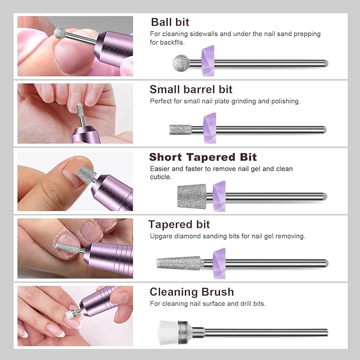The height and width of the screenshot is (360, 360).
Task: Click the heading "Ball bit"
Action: tap(170, 22)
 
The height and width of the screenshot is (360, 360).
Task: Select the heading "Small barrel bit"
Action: tap(191, 90)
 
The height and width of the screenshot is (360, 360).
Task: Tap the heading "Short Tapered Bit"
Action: tap(203, 157)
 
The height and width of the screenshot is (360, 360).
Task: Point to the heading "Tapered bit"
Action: tap(179, 224)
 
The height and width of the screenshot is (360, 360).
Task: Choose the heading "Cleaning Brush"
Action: tap(191, 292)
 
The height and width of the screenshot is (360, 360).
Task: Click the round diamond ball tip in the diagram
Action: tap(180, 63)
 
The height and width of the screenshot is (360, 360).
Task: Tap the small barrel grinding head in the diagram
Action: tap(180, 129)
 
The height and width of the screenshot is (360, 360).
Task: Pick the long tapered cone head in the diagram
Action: tap(179, 263)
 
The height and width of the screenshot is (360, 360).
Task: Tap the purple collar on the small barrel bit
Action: tap(210, 128)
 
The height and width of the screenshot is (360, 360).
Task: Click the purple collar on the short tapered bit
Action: tap(219, 196)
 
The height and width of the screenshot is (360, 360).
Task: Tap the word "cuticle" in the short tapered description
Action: tap(160, 177)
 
